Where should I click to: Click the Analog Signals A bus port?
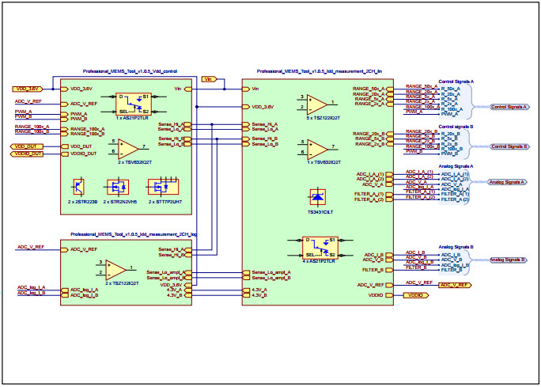coord(508,181)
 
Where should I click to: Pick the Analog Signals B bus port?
coord(508,260)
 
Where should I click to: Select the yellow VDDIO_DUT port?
coord(26,154)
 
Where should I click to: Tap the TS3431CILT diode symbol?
coord(318,198)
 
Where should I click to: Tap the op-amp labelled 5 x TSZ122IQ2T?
coord(318,103)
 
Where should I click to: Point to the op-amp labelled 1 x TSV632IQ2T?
coord(318,148)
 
